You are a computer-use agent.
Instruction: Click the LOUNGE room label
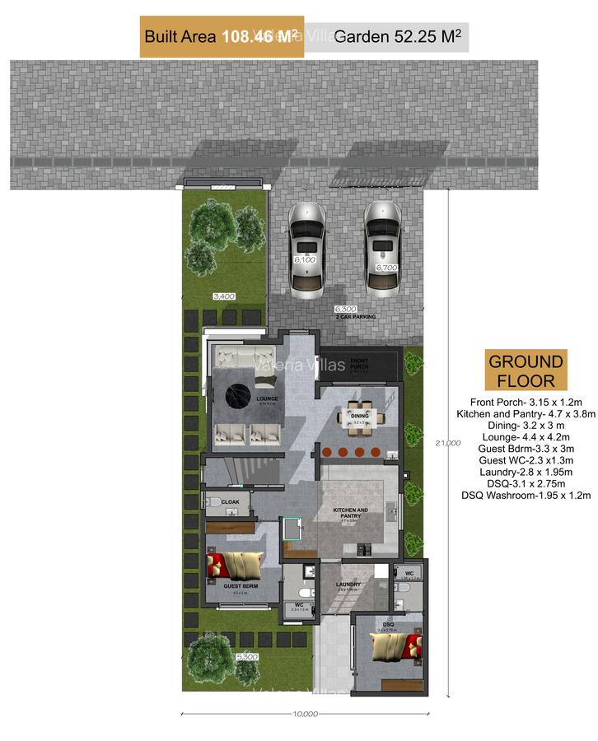pos(267,399)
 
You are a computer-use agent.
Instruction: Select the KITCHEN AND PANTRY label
pos(350,512)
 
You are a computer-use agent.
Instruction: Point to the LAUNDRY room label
pos(348,585)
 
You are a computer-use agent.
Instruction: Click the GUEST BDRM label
pos(241,585)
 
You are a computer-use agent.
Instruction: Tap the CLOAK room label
pos(230,501)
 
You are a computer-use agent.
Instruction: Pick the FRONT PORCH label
pos(359,362)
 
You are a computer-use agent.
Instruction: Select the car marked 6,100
pos(305,248)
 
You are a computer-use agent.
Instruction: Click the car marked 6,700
pos(385,248)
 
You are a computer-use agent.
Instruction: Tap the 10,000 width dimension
pos(305,713)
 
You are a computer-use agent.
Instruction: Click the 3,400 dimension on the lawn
pos(224,296)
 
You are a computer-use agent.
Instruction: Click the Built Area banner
pos(222,36)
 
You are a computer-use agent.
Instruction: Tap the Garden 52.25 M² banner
pos(399,36)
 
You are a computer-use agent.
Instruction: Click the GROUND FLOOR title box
pos(526,370)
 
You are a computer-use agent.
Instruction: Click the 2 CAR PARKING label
pos(356,316)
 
